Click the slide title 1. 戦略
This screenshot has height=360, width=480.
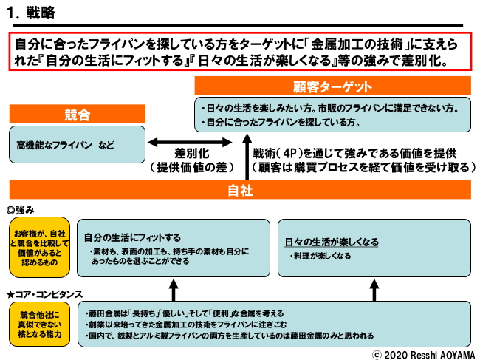coord(30,13)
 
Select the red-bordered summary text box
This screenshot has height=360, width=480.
coord(240,51)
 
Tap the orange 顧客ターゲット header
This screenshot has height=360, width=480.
coord(332,86)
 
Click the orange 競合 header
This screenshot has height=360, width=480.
coord(77,115)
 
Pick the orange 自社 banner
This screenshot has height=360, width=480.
coord(240,189)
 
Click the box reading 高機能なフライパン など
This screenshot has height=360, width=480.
coord(77,144)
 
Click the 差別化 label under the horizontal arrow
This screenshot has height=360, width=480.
coord(193,153)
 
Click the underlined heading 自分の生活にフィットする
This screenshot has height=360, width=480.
coord(132,237)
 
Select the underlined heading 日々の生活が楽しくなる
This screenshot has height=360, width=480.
coord(332,242)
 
